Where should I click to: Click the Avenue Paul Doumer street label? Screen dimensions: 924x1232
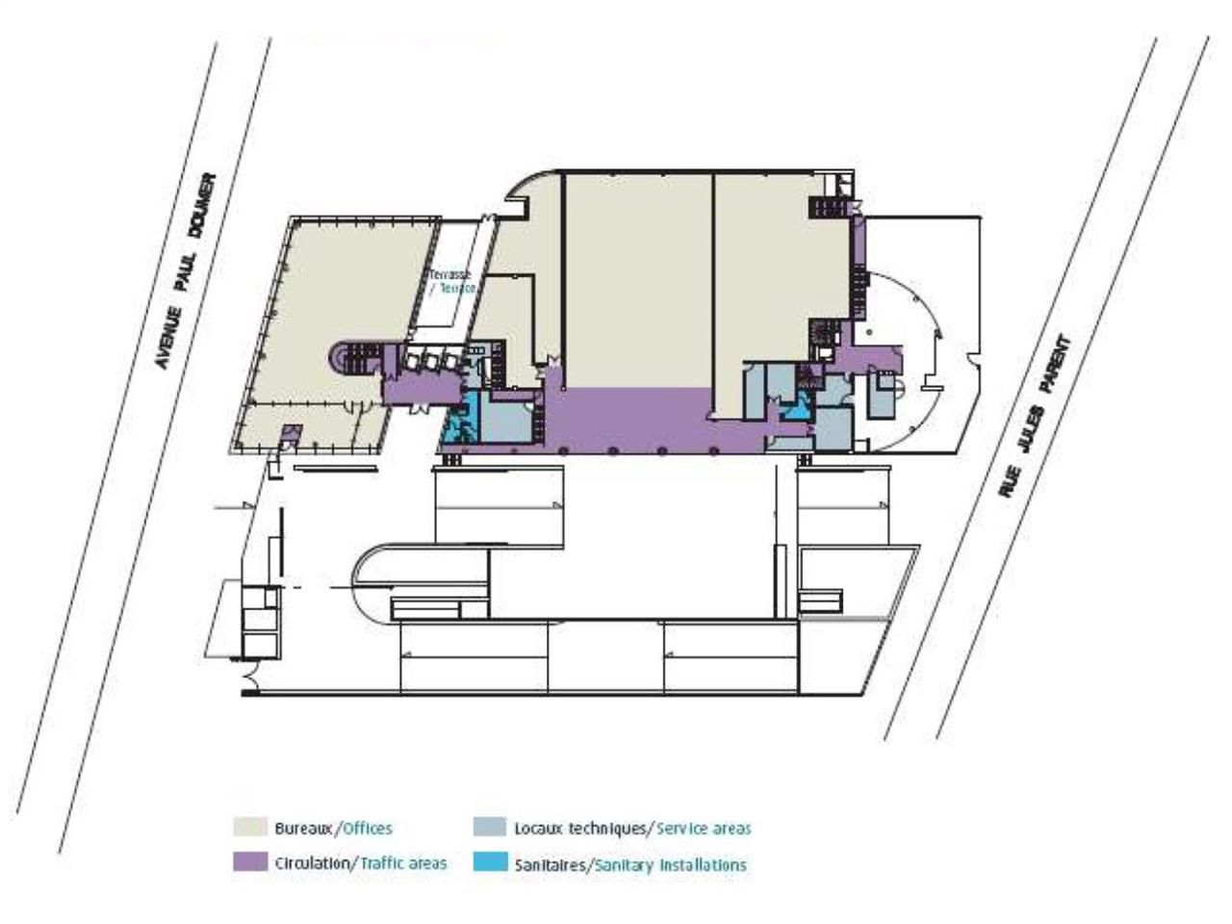tap(187, 271)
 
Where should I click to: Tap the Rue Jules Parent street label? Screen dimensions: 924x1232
tap(1035, 416)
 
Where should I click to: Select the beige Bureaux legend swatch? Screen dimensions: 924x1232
tap(250, 827)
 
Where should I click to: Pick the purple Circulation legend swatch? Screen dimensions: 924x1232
tap(250, 862)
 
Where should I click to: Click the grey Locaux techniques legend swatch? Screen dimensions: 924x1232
tap(490, 827)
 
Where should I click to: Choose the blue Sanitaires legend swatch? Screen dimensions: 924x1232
tap(490, 862)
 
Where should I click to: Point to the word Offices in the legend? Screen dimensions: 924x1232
tap(368, 828)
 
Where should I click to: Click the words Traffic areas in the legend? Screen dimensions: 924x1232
tap(403, 863)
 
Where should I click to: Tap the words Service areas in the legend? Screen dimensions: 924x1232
tap(704, 828)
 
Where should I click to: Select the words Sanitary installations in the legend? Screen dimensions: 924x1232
tap(671, 864)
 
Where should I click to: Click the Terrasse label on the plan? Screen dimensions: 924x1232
tap(450, 274)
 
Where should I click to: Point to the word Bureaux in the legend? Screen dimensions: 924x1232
tap(303, 828)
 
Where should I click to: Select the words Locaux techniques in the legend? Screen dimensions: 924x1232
tap(581, 828)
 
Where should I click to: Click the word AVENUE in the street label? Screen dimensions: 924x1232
tap(166, 342)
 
